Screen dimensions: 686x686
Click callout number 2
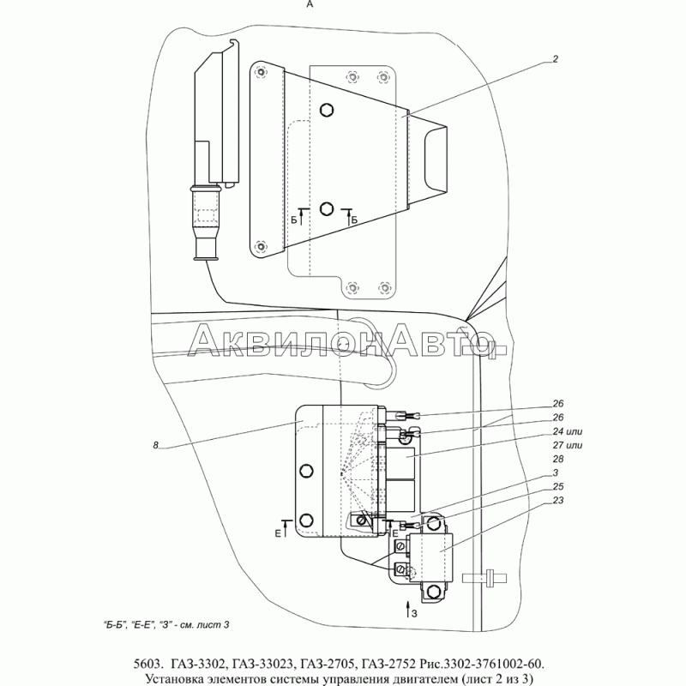coord(556,59)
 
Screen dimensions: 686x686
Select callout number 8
coord(155,445)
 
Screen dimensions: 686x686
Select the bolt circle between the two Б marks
coord(326,208)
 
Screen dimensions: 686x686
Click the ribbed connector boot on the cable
coord(206,214)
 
